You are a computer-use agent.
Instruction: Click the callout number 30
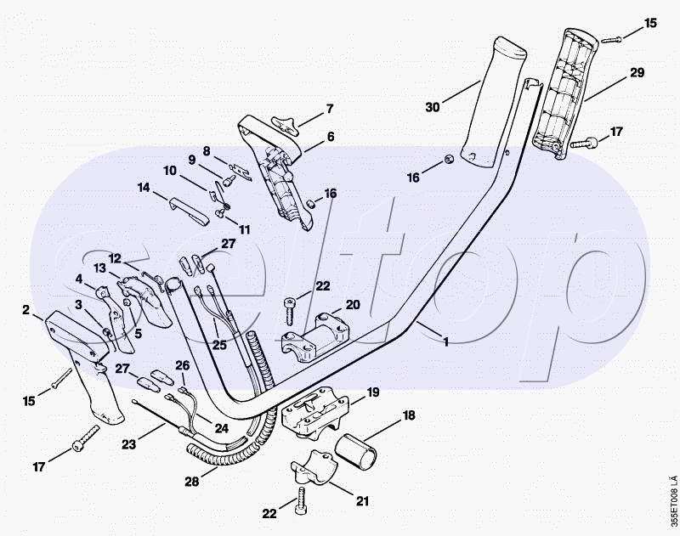(434, 107)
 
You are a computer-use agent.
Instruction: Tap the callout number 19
(372, 392)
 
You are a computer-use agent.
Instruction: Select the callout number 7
(330, 109)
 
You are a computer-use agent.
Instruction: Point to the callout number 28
(192, 482)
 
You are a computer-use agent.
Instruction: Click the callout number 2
(26, 309)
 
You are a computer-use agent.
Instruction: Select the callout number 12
(115, 257)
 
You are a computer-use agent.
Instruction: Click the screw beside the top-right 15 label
(612, 38)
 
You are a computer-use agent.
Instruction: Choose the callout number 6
(330, 136)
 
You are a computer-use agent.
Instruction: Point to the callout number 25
(220, 345)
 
